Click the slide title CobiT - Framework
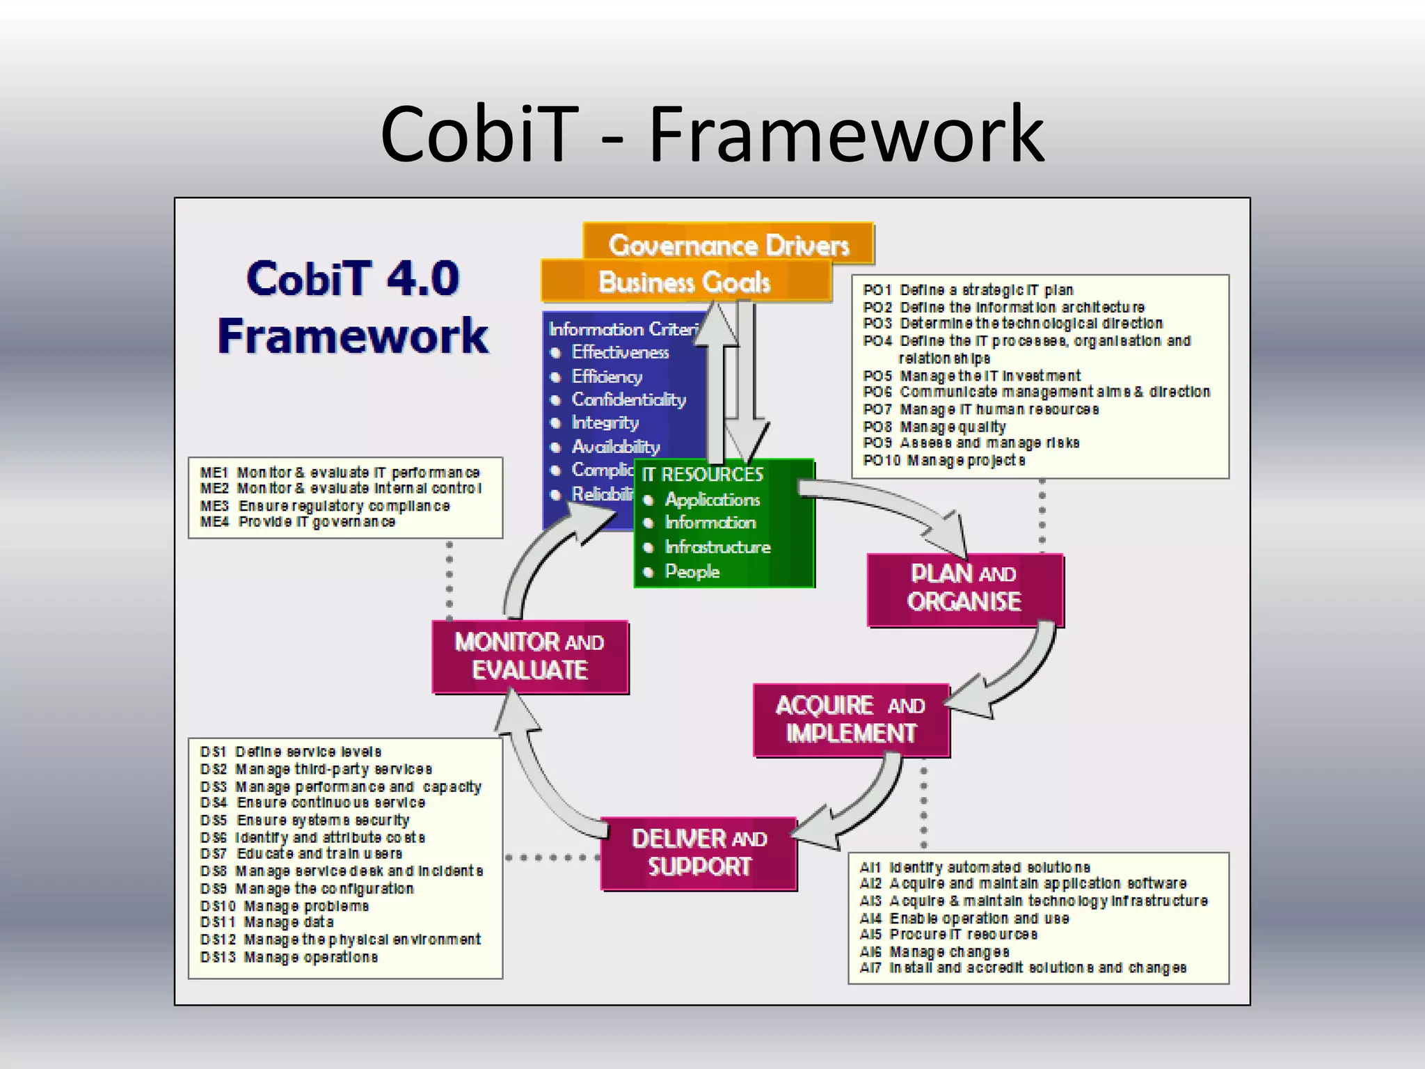(712, 134)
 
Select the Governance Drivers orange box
(729, 244)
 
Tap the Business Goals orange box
(685, 282)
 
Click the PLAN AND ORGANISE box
(965, 589)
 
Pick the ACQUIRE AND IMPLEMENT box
(850, 720)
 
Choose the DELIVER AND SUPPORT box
(699, 853)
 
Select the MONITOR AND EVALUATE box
(530, 656)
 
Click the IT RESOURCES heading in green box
(702, 475)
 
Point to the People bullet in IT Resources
(692, 571)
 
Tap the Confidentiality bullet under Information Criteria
(628, 399)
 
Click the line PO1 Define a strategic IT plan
(968, 290)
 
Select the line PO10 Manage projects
(944, 460)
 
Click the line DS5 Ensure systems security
(305, 821)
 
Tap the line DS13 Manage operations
(289, 958)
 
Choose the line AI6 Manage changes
(934, 951)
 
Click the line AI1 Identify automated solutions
(975, 867)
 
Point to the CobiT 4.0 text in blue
(353, 278)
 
